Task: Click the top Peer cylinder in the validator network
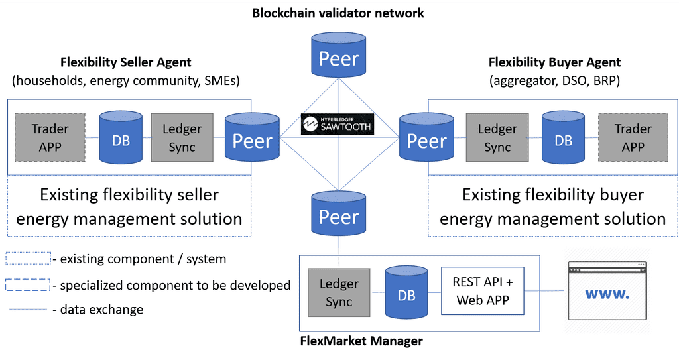coord(339,56)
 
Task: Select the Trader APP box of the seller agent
coord(50,137)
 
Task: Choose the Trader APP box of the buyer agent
coord(633,137)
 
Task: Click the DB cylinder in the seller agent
coord(121,137)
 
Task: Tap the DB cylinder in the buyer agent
coord(563,137)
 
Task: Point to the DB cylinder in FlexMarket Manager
coord(406,292)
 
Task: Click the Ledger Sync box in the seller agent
coord(182,137)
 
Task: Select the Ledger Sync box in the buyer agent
coord(497,137)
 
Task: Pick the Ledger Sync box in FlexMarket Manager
coord(339,292)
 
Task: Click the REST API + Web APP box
coord(483,291)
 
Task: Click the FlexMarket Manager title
coord(361,341)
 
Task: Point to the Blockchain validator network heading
coord(338,13)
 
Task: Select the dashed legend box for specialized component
coord(28,285)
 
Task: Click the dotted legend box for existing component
coord(28,258)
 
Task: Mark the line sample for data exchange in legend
coord(28,310)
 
